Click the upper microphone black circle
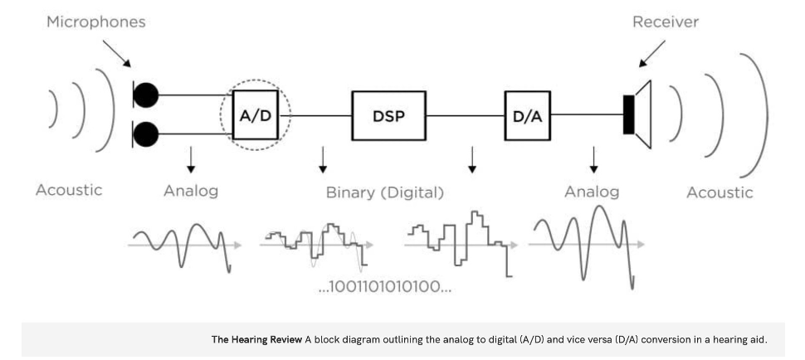(146, 95)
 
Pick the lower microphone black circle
(146, 133)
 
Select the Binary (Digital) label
(384, 192)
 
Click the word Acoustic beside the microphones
(69, 190)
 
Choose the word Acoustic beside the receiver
(720, 192)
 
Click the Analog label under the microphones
(191, 192)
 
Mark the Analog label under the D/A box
(592, 192)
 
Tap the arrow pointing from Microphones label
(117, 56)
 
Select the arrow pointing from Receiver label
(652, 56)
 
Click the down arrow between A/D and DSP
(323, 161)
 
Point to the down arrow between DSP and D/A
(472, 161)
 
